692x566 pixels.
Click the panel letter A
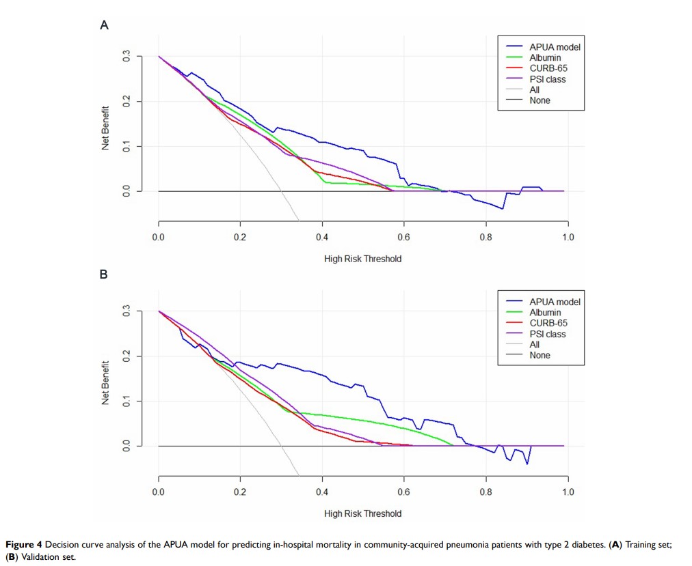pyautogui.click(x=105, y=26)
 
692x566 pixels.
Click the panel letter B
pyautogui.click(x=105, y=275)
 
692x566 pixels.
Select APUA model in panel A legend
pyautogui.click(x=554, y=48)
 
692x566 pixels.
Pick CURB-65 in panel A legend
pyautogui.click(x=548, y=68)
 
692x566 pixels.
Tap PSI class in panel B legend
pyautogui.click(x=547, y=334)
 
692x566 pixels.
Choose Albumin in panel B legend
pyautogui.click(x=545, y=313)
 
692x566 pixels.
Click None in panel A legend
pyautogui.click(x=540, y=100)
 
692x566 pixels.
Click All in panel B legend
pyautogui.click(x=535, y=345)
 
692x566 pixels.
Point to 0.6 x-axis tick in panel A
pyautogui.click(x=404, y=237)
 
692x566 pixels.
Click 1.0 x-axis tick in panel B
pyautogui.click(x=568, y=492)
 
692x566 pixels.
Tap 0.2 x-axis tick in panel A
pyautogui.click(x=240, y=237)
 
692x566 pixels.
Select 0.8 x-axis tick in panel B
pyautogui.click(x=485, y=492)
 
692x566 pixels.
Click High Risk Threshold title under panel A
pyautogui.click(x=363, y=259)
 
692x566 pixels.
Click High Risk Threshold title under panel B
pyautogui.click(x=363, y=513)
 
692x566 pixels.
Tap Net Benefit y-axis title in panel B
pyautogui.click(x=107, y=382)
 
